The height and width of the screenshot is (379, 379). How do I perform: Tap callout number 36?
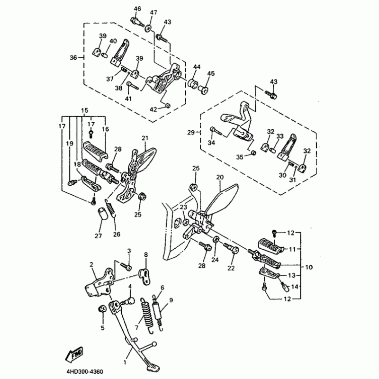[73, 57]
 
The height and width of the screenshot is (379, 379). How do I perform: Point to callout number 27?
[99, 236]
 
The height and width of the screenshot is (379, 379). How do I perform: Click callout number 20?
[219, 177]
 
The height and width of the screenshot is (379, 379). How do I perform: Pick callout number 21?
[145, 138]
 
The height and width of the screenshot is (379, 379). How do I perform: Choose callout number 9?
[171, 300]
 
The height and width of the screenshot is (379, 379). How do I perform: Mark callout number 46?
[137, 9]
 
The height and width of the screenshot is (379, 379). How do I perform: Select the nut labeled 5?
[101, 309]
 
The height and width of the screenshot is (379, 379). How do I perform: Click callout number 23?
[183, 207]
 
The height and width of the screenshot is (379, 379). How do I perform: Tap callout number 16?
[105, 129]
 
